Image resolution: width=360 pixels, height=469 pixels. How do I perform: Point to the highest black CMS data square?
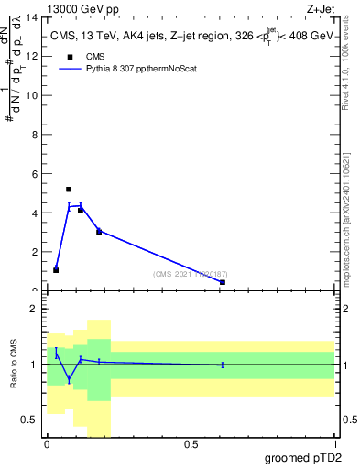pos(69,190)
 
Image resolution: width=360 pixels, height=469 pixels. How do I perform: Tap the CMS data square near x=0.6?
pos(223,282)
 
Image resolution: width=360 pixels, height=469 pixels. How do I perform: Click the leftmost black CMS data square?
pos(56,270)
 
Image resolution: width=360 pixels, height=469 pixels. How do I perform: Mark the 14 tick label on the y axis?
pos(35,18)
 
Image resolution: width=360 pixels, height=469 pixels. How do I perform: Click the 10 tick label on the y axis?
pos(35,96)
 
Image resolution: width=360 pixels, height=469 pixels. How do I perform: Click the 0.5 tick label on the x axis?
pos(191,444)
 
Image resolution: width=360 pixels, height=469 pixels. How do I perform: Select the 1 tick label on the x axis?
pos(334,444)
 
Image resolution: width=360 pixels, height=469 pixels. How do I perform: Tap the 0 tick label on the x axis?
pos(48,444)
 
